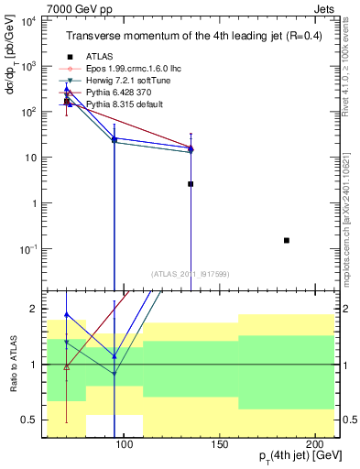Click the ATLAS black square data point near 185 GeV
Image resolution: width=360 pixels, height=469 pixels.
pyautogui.click(x=287, y=240)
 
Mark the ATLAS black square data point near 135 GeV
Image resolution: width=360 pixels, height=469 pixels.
pyautogui.click(x=191, y=184)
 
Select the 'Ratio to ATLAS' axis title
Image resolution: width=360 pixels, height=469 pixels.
pyautogui.click(x=14, y=364)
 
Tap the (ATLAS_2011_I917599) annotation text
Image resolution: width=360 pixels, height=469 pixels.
pyautogui.click(x=190, y=273)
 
